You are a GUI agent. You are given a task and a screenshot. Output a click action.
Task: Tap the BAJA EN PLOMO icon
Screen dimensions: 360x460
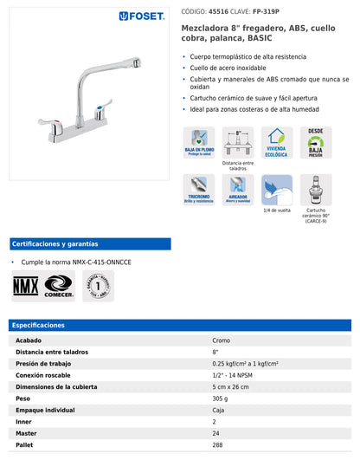point(199,141)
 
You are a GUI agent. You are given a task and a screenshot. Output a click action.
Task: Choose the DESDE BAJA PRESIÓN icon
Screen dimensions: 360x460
point(317,141)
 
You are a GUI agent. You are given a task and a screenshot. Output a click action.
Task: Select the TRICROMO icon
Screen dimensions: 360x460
point(199,188)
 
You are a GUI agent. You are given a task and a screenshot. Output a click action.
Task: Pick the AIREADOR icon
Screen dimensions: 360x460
point(238,188)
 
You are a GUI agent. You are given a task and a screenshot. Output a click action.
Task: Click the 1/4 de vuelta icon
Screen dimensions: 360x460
point(278,188)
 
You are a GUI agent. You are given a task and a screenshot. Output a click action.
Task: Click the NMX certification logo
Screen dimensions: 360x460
point(24,285)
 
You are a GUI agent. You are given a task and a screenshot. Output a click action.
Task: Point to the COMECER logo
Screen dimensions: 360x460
point(60,285)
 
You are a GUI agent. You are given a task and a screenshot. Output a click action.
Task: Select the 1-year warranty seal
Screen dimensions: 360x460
point(99,285)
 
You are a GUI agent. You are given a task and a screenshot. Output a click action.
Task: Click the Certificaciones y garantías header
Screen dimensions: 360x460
point(55,243)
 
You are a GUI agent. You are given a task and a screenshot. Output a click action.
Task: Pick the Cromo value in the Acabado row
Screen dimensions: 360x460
point(221,340)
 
